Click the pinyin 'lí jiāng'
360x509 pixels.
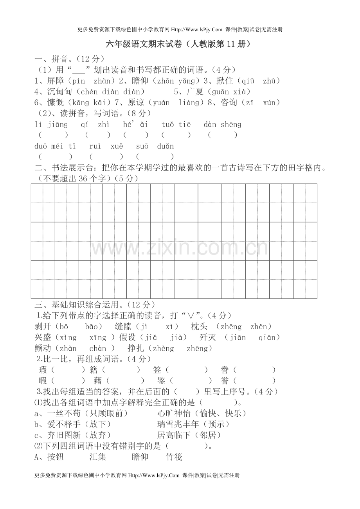click(x=51, y=125)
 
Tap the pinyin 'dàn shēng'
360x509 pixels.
click(x=223, y=125)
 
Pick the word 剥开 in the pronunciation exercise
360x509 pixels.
click(x=43, y=326)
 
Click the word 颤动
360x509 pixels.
click(x=43, y=348)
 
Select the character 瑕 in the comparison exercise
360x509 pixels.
click(x=43, y=370)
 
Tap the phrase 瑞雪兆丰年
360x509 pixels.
click(x=178, y=424)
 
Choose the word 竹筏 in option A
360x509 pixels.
click(x=174, y=457)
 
